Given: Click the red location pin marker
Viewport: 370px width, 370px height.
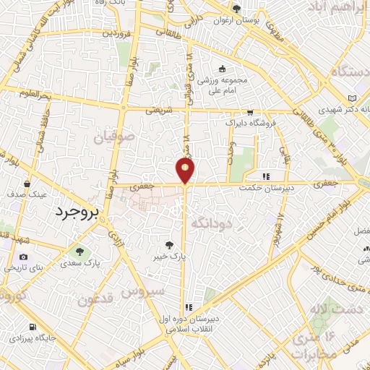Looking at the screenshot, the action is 186,171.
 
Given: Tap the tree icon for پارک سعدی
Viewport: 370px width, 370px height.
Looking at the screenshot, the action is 79,252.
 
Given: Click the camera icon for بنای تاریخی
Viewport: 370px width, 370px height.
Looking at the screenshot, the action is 24,257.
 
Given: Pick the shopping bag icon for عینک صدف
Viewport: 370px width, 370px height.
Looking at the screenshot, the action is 27,184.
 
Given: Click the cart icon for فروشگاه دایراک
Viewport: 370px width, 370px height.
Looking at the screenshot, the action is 250,113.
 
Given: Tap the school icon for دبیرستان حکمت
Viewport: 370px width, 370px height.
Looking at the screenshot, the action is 266,176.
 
